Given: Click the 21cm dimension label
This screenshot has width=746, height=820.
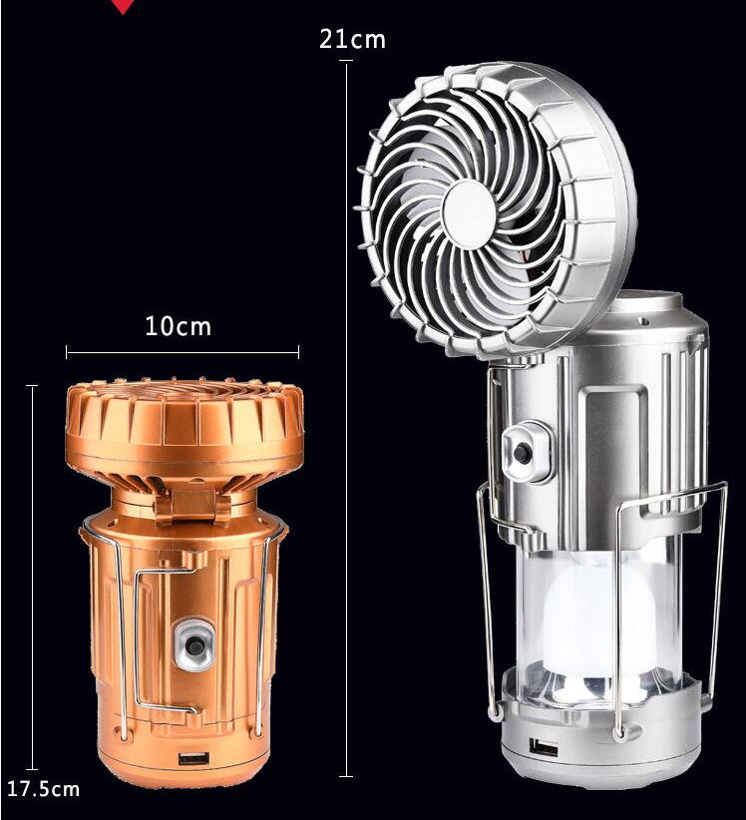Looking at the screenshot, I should [x=351, y=40].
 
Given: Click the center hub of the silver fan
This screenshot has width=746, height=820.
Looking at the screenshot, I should [x=469, y=214].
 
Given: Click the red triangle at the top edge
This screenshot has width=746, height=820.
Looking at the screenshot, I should [x=123, y=6].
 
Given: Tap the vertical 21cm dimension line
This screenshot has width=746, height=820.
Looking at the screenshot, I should [x=346, y=419].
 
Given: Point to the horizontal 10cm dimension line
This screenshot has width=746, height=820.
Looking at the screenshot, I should [x=183, y=351].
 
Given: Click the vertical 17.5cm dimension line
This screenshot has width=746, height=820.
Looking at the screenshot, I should [x=32, y=579].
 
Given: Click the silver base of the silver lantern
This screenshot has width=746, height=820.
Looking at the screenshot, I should [x=598, y=753].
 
